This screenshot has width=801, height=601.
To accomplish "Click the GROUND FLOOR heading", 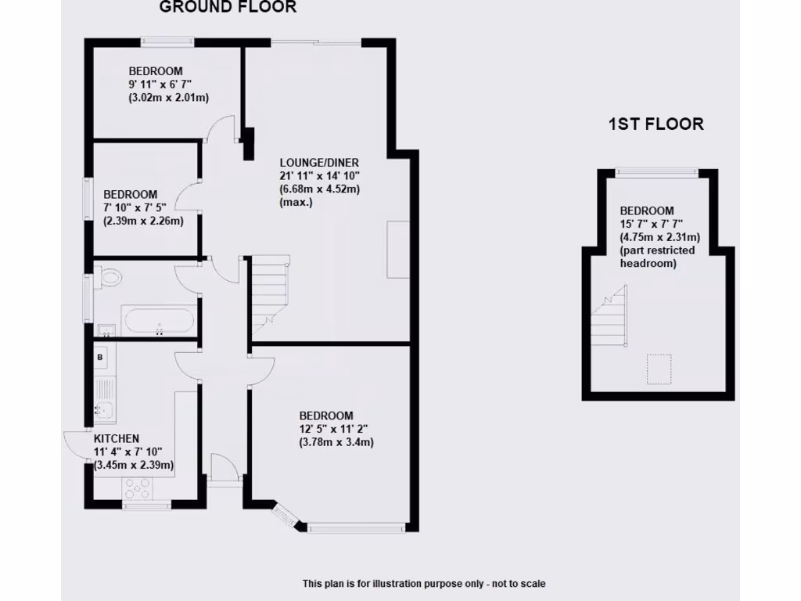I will tap(228, 7).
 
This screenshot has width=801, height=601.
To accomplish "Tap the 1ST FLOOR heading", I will tap(656, 124).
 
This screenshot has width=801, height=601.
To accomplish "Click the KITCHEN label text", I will tap(117, 438).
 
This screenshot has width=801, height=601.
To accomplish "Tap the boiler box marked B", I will tap(100, 358).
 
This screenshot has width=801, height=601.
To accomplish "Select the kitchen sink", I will tap(103, 408).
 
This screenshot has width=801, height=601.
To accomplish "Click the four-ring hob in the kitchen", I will tap(138, 489).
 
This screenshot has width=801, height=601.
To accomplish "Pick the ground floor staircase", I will tap(270, 293).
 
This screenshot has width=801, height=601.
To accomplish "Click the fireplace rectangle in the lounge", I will tap(398, 250).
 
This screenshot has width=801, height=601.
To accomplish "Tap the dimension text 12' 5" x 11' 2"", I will tap(333, 429).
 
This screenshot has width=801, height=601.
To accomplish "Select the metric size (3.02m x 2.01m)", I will tap(168, 98).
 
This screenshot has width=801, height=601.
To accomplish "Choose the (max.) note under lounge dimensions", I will tap(295, 202).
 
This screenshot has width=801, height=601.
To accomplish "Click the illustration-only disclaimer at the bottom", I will tap(424, 584).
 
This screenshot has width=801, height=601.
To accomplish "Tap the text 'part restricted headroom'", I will tap(657, 257).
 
